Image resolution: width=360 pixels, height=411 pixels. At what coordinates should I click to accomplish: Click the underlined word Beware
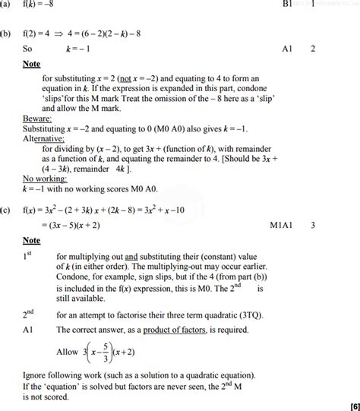point(36,119)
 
